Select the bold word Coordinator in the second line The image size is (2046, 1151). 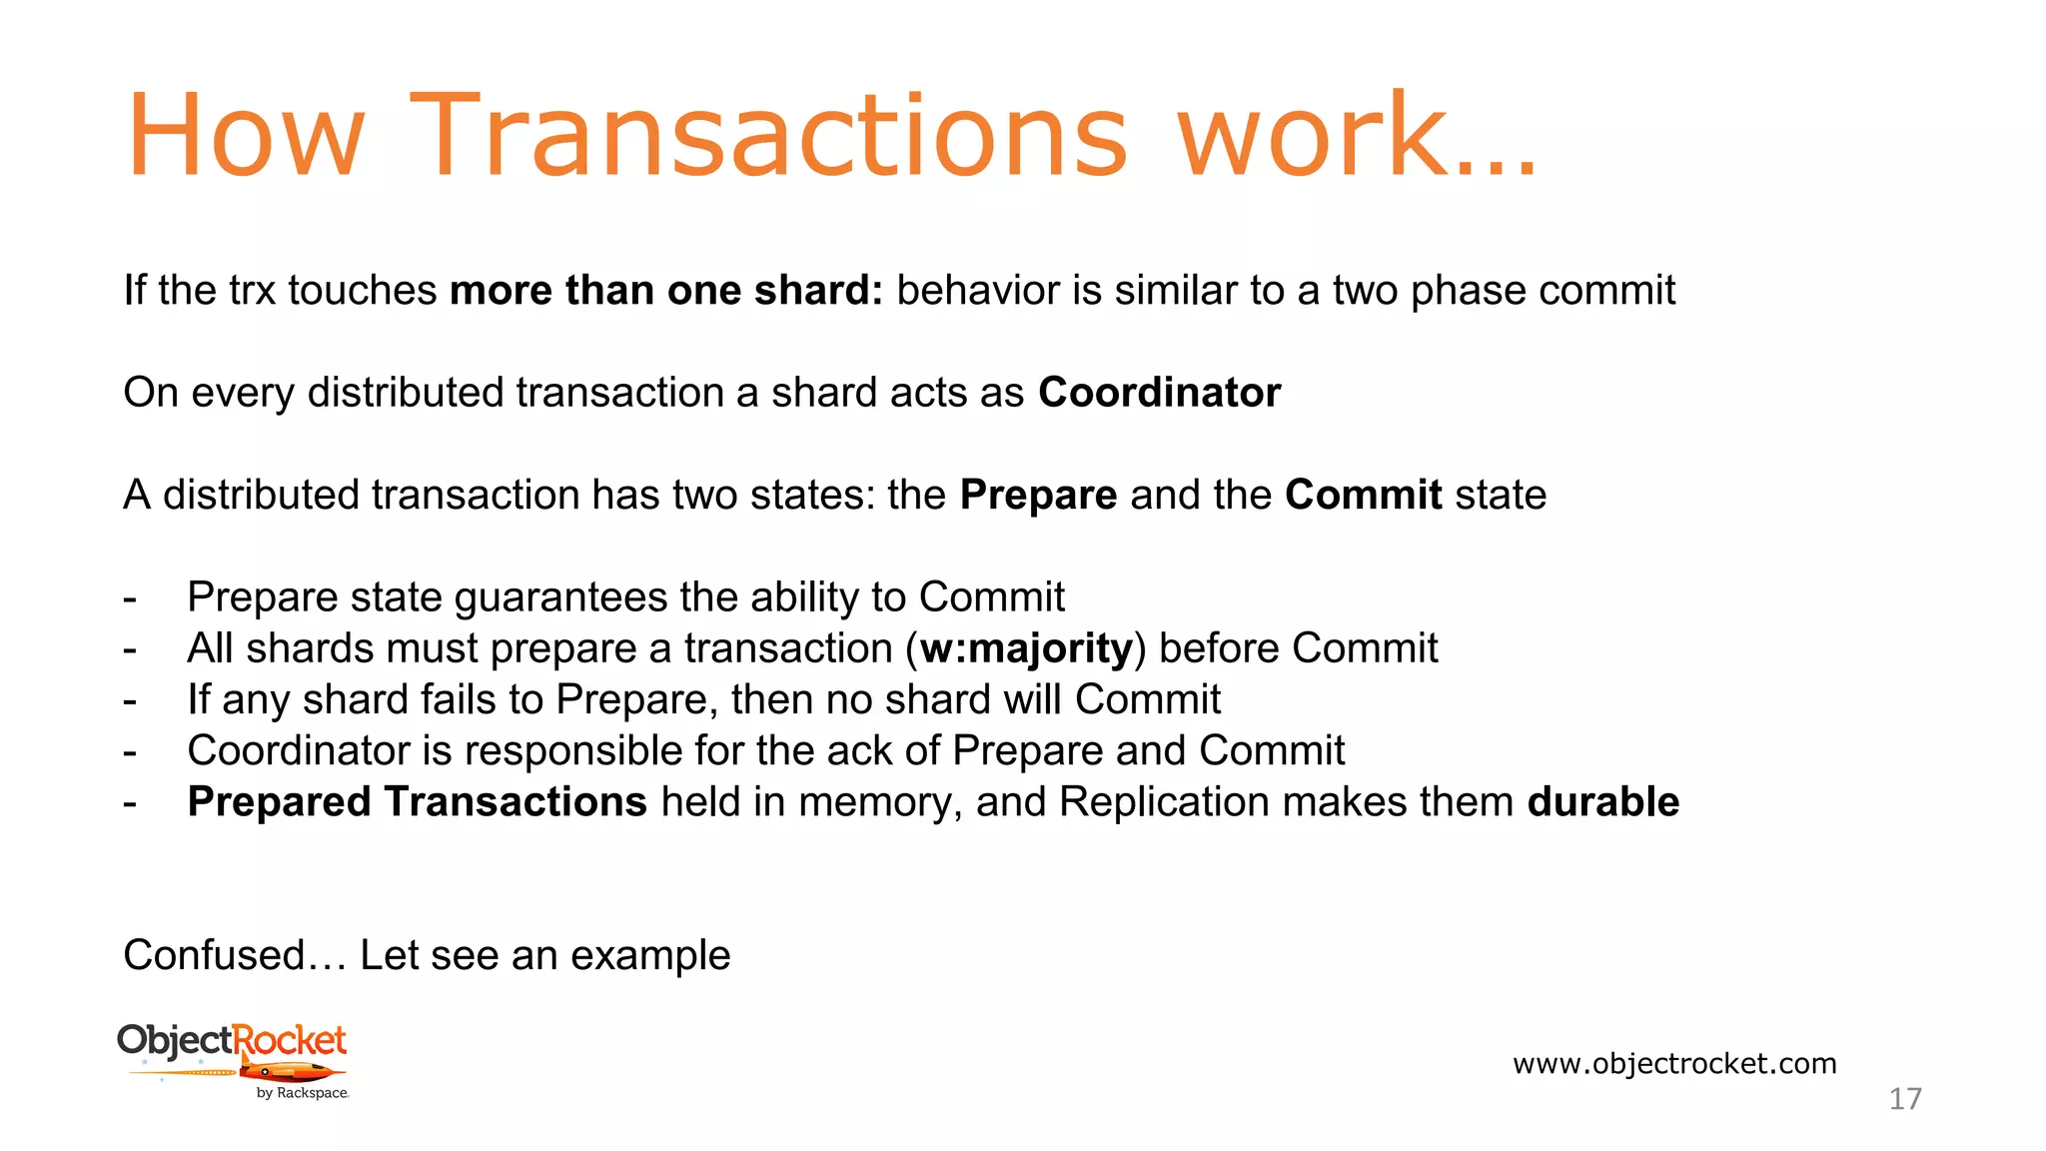point(1159,393)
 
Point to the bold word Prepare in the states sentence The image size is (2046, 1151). point(1038,496)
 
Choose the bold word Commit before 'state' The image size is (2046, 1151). point(1363,496)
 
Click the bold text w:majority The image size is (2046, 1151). point(1026,649)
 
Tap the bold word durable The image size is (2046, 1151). point(1602,802)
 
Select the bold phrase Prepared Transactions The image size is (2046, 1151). point(417,802)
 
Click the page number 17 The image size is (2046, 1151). point(1905,1099)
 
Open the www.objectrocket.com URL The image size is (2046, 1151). point(1674,1063)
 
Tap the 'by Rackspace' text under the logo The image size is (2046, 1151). point(302,1093)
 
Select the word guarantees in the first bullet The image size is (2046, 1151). point(560,598)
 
